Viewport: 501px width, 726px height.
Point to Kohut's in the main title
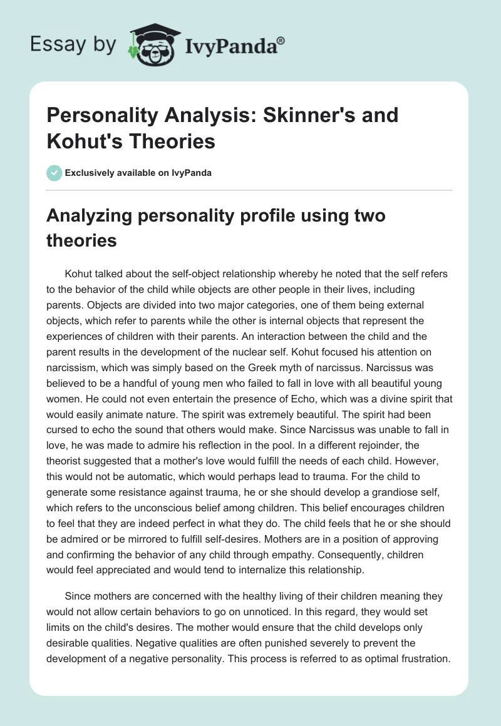86,141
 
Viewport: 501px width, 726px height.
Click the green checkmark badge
54,173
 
